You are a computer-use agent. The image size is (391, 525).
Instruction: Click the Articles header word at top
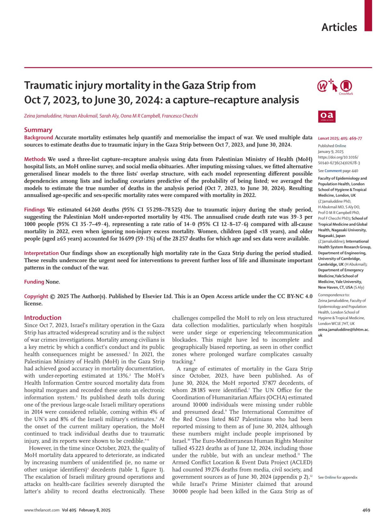pyautogui.click(x=339, y=27)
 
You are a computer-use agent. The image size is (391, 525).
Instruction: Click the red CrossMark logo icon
pyautogui.click(x=346, y=86)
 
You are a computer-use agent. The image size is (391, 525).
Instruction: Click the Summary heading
pyautogui.click(x=38, y=130)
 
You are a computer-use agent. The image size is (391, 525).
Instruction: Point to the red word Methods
pyautogui.click(x=35, y=159)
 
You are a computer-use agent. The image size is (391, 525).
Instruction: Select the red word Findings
pyautogui.click(x=35, y=210)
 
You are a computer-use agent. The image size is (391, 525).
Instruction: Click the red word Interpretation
pyautogui.click(x=41, y=253)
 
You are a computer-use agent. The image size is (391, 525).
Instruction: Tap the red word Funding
pyautogui.click(x=34, y=282)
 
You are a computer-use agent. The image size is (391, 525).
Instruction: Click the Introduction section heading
pyautogui.click(x=43, y=318)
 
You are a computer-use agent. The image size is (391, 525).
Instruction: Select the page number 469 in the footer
pyautogui.click(x=366, y=510)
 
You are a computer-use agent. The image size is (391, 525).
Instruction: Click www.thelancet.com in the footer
pyautogui.click(x=42, y=510)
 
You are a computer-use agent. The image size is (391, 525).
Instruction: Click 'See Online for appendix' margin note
pyautogui.click(x=338, y=477)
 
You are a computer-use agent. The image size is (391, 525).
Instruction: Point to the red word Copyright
pyautogui.click(x=36, y=296)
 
